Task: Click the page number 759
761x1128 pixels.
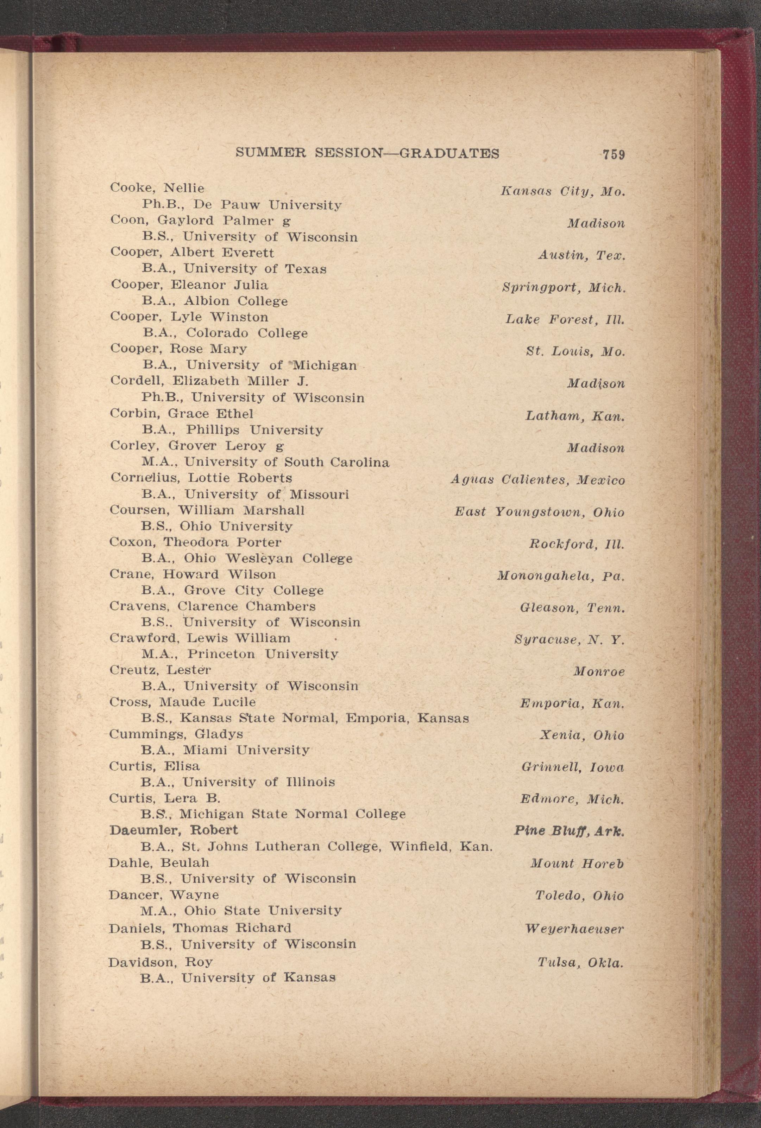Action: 613,155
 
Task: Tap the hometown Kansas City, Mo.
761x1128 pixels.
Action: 563,192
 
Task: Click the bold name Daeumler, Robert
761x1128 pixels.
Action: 174,830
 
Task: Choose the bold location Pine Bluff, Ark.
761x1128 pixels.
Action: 569,831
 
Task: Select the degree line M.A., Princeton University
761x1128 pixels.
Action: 240,654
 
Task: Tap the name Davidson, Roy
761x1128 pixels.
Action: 161,961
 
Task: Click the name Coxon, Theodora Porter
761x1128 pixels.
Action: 195,542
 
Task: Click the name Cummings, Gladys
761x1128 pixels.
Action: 176,734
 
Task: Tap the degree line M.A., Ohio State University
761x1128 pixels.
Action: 241,911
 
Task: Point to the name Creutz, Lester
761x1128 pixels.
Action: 160,670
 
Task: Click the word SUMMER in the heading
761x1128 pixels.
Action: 270,153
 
